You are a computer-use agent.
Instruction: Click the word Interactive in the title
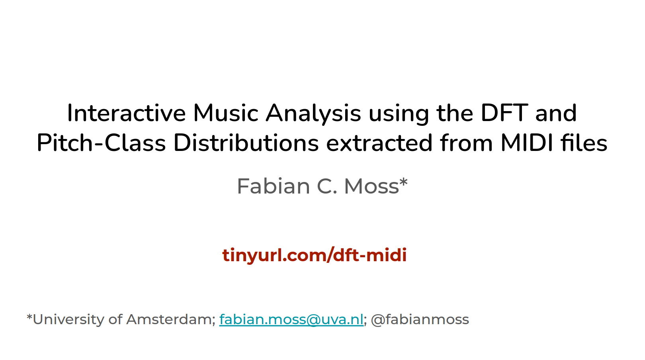(x=126, y=113)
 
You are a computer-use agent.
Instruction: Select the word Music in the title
(x=226, y=113)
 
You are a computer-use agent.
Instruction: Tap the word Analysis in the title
(x=313, y=113)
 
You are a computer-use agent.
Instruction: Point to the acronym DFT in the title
(x=504, y=113)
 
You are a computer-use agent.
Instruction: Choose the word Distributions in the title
(x=246, y=143)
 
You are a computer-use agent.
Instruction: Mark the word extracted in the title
(x=379, y=143)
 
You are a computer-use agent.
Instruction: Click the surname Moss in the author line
(x=371, y=186)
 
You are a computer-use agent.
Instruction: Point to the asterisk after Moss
(x=404, y=183)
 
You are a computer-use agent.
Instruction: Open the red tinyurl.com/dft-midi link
(x=315, y=255)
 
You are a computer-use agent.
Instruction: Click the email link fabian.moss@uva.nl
(x=291, y=319)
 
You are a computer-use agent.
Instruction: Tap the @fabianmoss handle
(x=420, y=319)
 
